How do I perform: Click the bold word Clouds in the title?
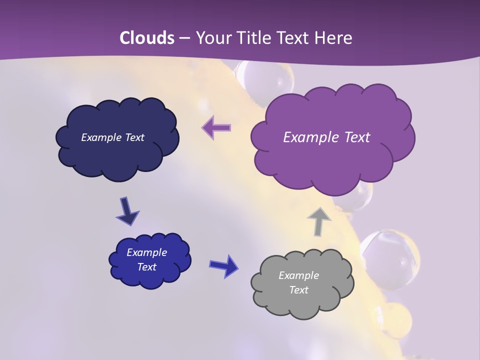147,38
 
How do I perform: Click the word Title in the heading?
255,38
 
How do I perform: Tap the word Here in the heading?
333,38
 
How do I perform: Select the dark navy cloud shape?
117,150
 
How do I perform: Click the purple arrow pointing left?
216,127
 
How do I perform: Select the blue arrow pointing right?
224,265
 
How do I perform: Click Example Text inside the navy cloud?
112,137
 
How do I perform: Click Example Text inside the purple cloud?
326,137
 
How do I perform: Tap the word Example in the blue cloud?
146,252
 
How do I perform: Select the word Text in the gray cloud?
298,290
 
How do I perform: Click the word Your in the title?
214,38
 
